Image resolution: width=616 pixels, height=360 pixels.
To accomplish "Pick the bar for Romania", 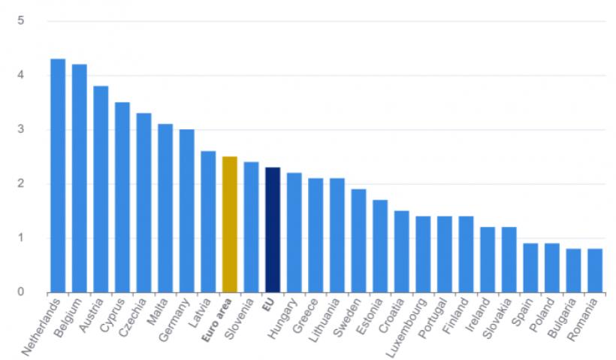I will point(594,271).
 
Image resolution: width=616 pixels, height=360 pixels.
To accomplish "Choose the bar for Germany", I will point(186,211).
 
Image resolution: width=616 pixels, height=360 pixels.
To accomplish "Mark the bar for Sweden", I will point(358,241).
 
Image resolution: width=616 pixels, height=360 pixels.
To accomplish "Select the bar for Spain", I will point(530,268).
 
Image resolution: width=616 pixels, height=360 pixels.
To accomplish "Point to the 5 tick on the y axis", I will point(22,20).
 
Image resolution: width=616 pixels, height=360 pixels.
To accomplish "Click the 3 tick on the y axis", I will point(22,129).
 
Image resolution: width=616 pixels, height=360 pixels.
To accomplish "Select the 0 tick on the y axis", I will point(22,292).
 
